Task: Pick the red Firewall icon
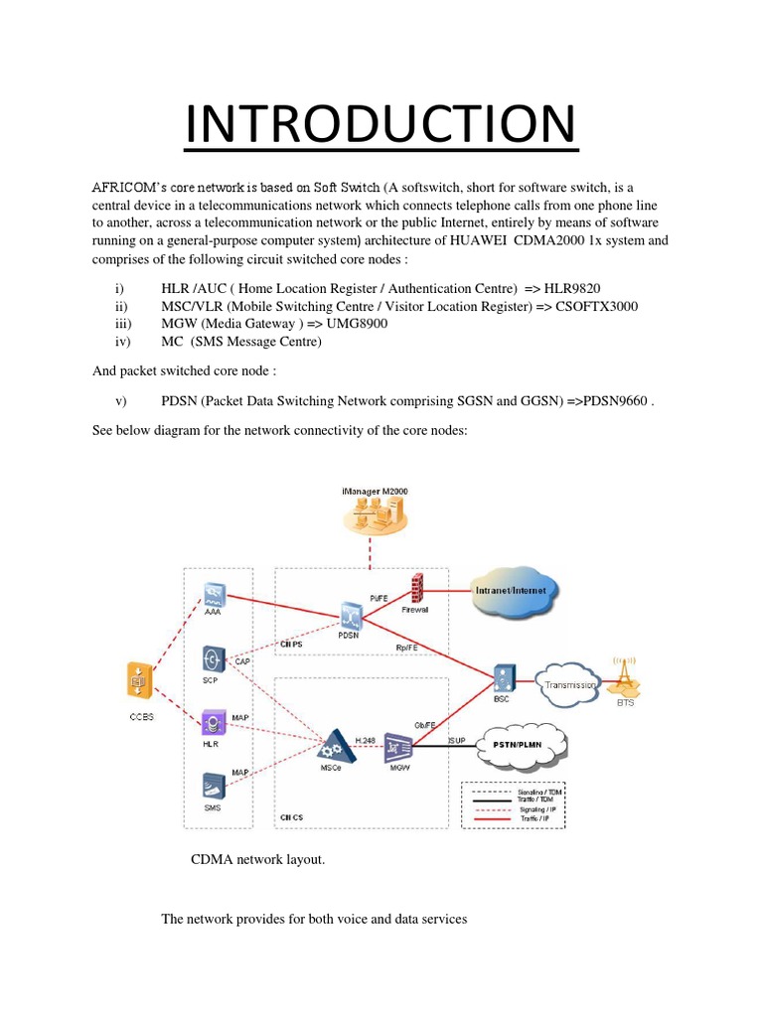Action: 415,587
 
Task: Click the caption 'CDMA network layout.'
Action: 257,859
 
